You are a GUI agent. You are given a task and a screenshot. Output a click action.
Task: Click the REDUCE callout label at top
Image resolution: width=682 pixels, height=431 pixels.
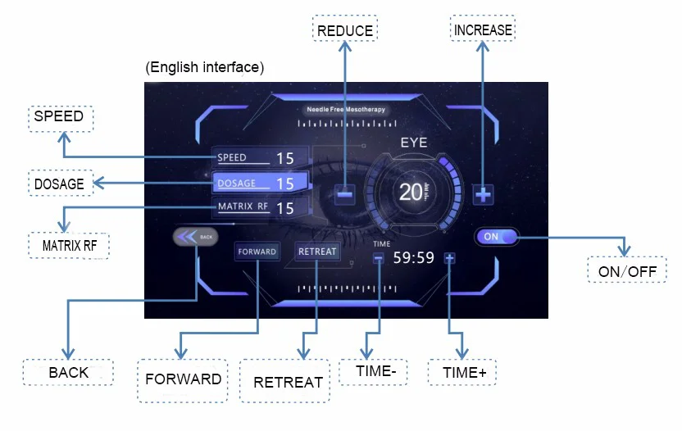pos(344,31)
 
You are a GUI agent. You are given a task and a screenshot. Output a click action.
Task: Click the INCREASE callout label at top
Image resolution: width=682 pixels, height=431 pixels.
pos(483,30)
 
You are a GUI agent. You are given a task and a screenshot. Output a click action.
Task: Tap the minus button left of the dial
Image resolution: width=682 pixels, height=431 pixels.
pos(345,194)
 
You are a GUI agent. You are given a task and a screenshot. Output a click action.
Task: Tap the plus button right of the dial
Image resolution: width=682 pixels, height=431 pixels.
pos(484,194)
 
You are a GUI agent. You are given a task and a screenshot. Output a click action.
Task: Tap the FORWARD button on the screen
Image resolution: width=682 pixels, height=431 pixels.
pos(257,252)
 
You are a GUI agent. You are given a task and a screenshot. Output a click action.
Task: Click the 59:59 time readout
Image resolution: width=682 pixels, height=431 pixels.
pos(413,258)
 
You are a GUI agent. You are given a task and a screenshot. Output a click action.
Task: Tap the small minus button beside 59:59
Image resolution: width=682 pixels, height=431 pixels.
pos(379,258)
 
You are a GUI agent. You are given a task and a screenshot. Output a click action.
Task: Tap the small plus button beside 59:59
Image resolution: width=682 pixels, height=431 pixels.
pos(449,258)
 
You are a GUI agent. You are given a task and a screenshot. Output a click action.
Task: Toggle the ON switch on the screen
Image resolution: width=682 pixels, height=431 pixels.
pos(497,236)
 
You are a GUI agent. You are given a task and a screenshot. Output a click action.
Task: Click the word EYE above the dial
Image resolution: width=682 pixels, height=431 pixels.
pos(414,143)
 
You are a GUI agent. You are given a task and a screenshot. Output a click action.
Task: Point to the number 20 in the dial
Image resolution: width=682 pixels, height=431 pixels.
pos(410,193)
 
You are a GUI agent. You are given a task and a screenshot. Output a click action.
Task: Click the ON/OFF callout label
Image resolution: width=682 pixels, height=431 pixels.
pos(627,270)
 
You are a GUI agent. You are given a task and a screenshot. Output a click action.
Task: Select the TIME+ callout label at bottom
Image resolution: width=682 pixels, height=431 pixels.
pos(465,372)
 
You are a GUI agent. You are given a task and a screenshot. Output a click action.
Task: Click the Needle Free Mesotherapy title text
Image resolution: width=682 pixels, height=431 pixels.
pos(345,109)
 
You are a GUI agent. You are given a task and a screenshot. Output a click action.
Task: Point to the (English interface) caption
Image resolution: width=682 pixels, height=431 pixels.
pos(205,67)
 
